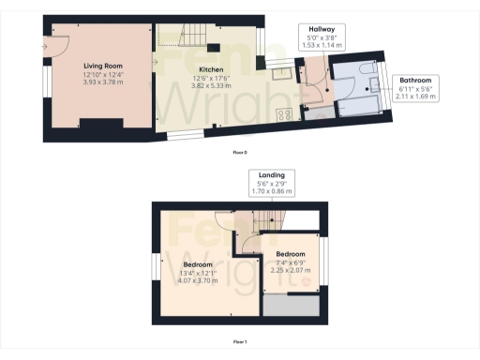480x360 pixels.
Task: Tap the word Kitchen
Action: click(210, 69)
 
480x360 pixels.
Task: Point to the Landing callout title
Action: click(272, 174)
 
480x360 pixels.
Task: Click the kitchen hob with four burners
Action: click(285, 114)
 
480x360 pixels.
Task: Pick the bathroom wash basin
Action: click(375, 84)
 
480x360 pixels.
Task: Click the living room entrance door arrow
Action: click(45, 44)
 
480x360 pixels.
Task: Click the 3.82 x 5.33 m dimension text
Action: click(210, 85)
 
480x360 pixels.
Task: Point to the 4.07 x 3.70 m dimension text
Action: click(191, 281)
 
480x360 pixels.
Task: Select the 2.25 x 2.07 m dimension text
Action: click(292, 270)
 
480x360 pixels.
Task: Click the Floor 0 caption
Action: click(239, 152)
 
